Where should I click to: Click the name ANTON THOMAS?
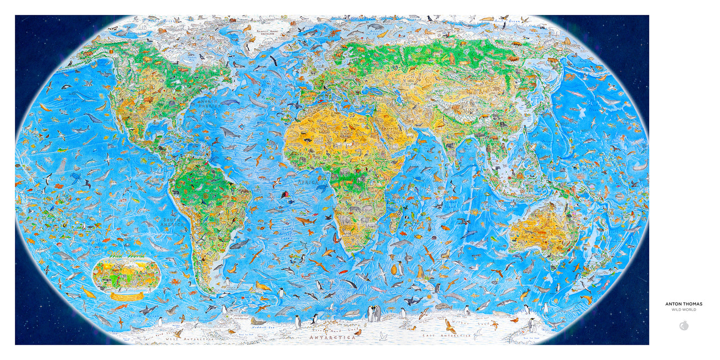pyautogui.click(x=684, y=304)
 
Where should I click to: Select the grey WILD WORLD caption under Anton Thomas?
pyautogui.click(x=684, y=310)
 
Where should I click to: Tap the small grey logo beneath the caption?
pyautogui.click(x=684, y=326)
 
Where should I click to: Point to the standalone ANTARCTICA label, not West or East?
pyautogui.click(x=333, y=337)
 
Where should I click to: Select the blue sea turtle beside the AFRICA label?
pyautogui.click(x=321, y=188)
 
